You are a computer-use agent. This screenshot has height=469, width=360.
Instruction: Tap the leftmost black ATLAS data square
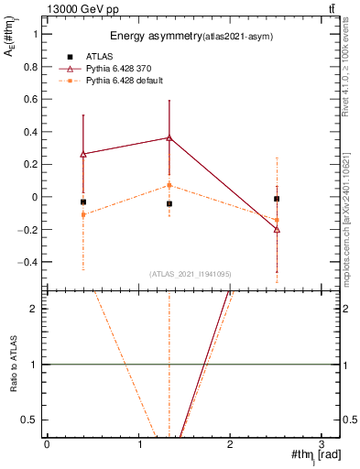[x=83, y=202]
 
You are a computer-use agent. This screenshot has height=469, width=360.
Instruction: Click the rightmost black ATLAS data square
[x=277, y=199]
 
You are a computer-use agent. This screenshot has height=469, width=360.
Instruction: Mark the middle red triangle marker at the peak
[x=169, y=137]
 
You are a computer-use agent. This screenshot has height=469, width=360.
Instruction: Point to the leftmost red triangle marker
[x=83, y=154]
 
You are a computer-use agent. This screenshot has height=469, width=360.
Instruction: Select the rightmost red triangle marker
[x=277, y=229]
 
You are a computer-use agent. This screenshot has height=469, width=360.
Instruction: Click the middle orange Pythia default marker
[x=169, y=185]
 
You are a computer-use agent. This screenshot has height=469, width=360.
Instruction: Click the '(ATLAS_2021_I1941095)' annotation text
[x=191, y=274]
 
